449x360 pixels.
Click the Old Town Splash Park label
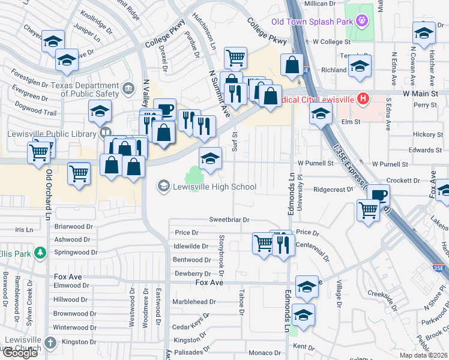tap(312, 22)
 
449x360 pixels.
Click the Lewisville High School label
tap(215, 187)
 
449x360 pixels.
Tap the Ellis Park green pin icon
tap(40, 253)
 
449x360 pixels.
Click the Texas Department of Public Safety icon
tap(127, 90)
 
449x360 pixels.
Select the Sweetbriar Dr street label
tap(229, 220)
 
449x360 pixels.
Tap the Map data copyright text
tap(424, 355)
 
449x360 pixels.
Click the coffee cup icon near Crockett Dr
tap(378, 195)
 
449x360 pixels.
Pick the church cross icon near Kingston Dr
tap(50, 343)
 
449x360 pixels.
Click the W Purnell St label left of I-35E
tap(315, 163)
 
